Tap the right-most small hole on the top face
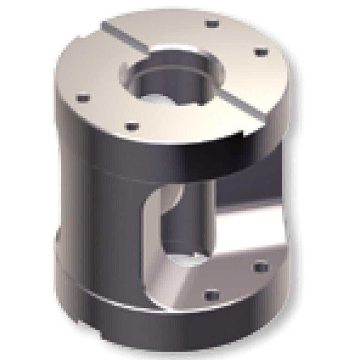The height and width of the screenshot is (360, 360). (259, 53)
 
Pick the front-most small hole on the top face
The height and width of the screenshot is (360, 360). (130, 126)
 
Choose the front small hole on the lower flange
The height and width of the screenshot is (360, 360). (208, 296)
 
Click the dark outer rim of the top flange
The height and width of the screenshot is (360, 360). (135, 148)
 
